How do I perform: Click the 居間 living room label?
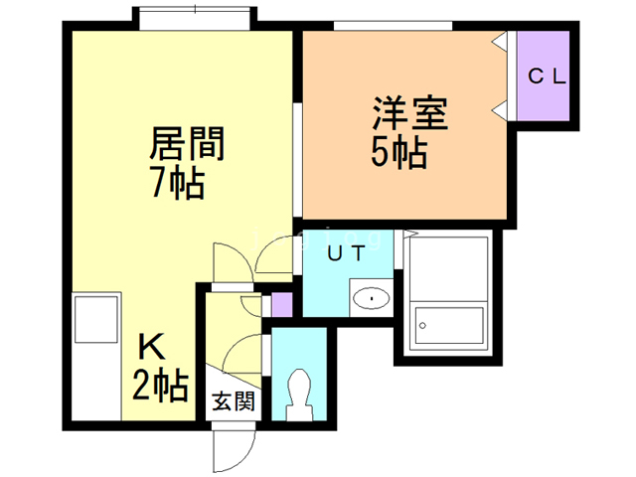click(x=188, y=145)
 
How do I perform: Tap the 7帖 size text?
click(x=180, y=183)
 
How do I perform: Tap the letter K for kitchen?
click(x=151, y=349)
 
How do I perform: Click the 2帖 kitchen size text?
click(x=160, y=385)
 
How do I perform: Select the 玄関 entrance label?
click(x=234, y=403)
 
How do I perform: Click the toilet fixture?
click(x=298, y=393)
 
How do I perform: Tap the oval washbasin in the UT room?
click(x=370, y=296)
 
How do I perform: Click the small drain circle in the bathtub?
click(x=423, y=324)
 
